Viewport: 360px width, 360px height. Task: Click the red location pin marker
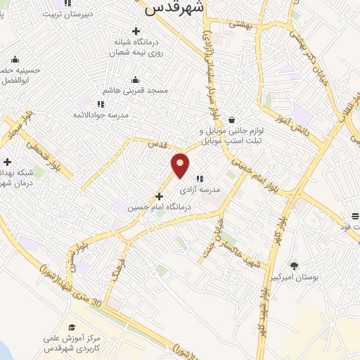(181, 165)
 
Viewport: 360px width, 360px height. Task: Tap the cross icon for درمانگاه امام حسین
(159, 196)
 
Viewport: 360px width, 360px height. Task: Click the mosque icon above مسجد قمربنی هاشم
(135, 79)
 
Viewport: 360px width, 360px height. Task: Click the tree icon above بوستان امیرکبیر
(294, 265)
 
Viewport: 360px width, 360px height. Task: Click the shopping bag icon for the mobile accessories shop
(231, 120)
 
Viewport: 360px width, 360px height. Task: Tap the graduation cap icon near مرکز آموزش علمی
(71, 328)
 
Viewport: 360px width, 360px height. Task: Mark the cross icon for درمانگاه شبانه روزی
(136, 31)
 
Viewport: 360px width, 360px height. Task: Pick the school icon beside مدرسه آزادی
(200, 178)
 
